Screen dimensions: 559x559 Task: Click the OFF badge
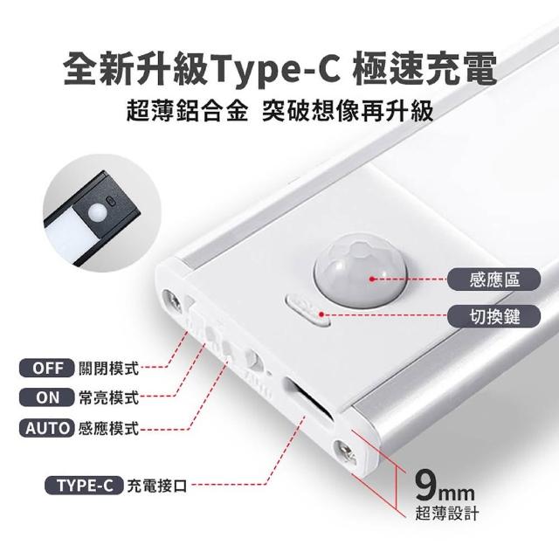pos(46,368)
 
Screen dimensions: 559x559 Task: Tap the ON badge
pos(46,397)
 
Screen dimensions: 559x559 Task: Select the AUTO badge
pos(46,428)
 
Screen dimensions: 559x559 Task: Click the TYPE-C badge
pos(84,486)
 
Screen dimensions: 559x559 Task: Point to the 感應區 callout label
pos(493,279)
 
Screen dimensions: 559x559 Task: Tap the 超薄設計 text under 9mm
pos(446,513)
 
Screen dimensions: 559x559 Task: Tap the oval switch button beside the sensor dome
pos(308,309)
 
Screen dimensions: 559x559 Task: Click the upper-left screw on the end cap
pos(172,300)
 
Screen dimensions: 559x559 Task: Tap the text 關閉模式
pos(108,369)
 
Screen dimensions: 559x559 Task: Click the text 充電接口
pos(157,486)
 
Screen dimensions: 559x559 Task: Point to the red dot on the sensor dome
pos(372,279)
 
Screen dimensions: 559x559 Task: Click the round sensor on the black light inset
pos(98,211)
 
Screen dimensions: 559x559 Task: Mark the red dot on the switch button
pos(321,314)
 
